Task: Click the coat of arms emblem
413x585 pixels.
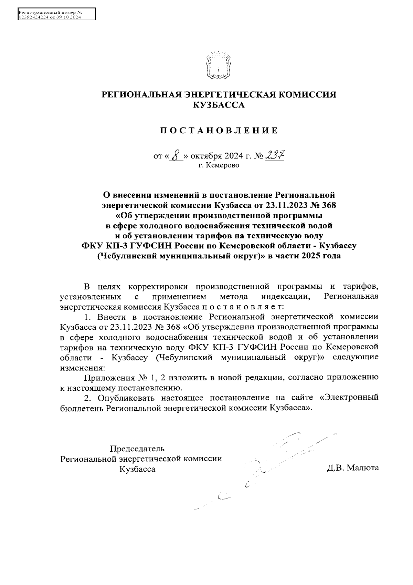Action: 218,65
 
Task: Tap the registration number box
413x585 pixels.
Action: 56,14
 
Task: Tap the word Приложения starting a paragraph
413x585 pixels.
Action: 110,378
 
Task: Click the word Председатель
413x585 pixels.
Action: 137,449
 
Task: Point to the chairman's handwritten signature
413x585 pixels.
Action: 275,462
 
